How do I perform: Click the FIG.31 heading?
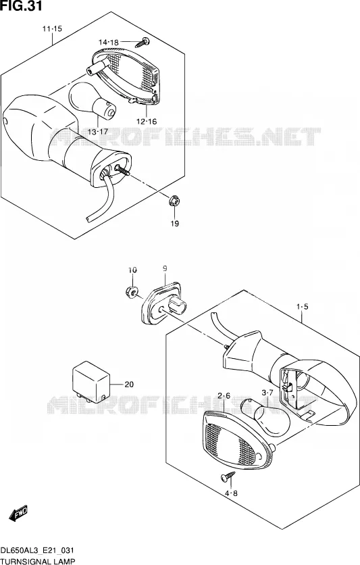21,6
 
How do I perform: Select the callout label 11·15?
52,28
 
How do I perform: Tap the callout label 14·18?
108,43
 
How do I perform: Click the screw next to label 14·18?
143,43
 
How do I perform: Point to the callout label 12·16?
147,122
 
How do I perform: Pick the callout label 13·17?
97,132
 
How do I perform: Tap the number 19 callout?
175,224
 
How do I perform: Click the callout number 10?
132,270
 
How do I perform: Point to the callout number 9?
165,268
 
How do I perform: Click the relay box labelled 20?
91,383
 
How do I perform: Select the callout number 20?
129,385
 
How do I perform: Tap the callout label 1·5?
303,307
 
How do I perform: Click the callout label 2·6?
224,396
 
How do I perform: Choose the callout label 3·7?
267,393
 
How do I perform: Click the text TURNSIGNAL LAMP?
38,561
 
